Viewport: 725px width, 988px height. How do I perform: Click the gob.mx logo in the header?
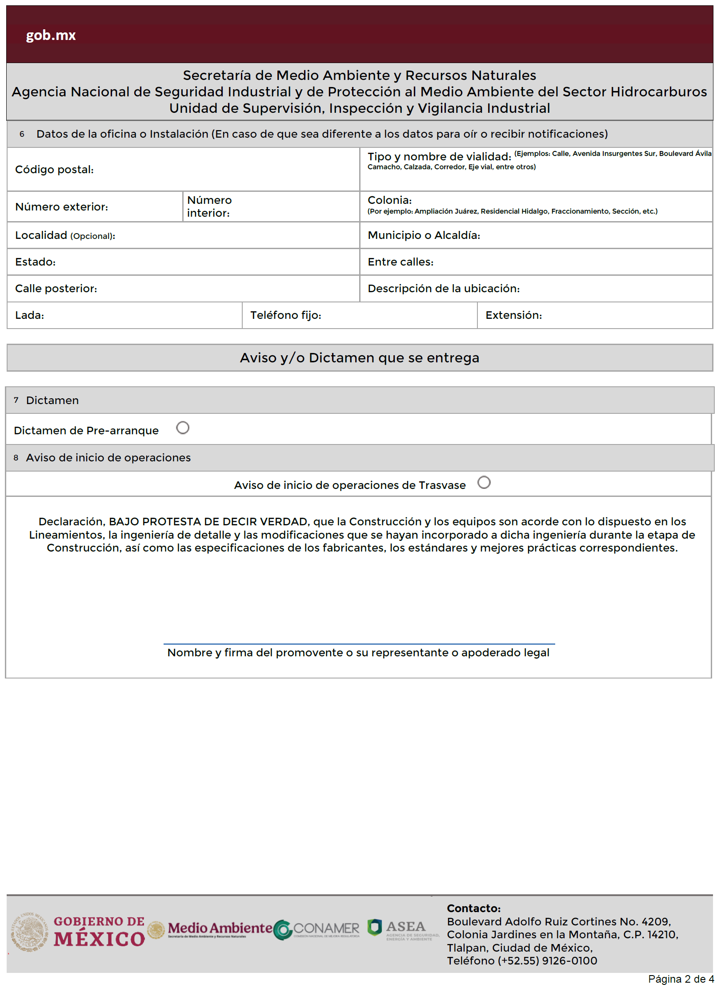[x=51, y=35]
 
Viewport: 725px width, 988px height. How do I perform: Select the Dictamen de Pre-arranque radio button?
[x=183, y=428]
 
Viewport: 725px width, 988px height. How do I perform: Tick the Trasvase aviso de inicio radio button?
[x=484, y=482]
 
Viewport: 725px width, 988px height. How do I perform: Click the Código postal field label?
[x=54, y=170]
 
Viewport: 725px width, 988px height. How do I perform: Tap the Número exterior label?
[x=61, y=207]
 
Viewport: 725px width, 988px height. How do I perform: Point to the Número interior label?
[x=209, y=206]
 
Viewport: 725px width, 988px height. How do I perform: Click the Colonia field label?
[x=389, y=200]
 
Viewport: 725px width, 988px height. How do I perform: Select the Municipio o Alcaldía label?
[x=424, y=235]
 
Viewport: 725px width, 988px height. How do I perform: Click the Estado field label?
[x=35, y=262]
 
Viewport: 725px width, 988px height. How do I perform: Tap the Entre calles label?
[x=400, y=262]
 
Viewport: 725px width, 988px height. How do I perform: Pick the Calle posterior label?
[x=56, y=289]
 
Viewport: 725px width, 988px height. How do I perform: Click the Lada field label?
[x=29, y=315]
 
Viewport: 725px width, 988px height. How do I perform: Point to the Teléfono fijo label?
[x=285, y=315]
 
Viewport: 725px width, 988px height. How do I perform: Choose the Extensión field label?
[x=513, y=315]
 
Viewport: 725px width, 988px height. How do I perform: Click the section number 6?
[x=22, y=134]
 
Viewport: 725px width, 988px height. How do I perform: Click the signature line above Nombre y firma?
[x=359, y=643]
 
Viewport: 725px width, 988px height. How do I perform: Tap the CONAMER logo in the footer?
[x=316, y=929]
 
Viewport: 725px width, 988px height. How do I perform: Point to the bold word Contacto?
[x=473, y=908]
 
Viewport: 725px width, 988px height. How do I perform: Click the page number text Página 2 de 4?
[x=681, y=979]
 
